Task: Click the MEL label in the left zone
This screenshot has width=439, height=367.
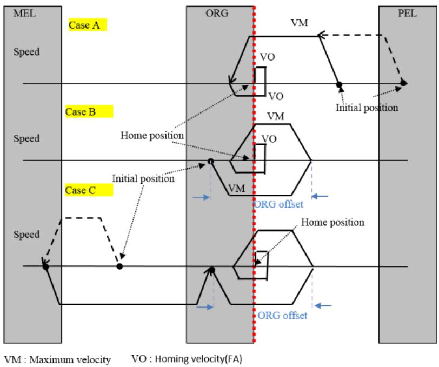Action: click(x=25, y=14)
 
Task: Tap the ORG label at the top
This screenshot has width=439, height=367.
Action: click(x=217, y=13)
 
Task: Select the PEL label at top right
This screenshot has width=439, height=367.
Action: click(x=407, y=13)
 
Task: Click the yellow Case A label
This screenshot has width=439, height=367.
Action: click(x=88, y=25)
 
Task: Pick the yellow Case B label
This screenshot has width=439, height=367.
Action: click(x=89, y=112)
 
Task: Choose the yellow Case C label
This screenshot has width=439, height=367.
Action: click(x=89, y=190)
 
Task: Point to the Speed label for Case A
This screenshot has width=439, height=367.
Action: click(x=26, y=52)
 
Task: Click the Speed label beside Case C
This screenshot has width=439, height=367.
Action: click(x=26, y=235)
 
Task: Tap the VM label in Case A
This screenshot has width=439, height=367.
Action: click(x=300, y=23)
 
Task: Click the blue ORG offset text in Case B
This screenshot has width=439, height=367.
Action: click(x=278, y=204)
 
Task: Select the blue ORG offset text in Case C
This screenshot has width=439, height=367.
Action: click(x=282, y=316)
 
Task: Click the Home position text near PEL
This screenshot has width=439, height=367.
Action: click(x=333, y=222)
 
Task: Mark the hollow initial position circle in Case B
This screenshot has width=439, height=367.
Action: click(x=211, y=162)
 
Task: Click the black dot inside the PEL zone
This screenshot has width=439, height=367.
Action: click(x=403, y=83)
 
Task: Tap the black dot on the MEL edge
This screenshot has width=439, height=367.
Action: click(x=45, y=266)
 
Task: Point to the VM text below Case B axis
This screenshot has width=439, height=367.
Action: click(x=237, y=189)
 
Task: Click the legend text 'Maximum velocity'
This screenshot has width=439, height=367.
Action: click(x=70, y=359)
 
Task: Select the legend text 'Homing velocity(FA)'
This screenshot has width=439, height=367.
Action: click(x=198, y=358)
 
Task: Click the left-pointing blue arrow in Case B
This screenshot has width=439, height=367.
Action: click(x=320, y=196)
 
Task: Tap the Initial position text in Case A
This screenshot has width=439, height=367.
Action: click(x=367, y=108)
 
